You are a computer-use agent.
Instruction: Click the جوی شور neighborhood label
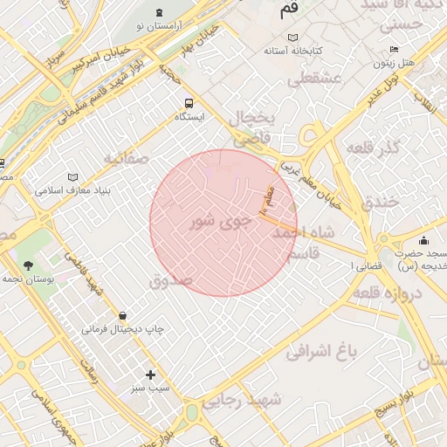pyautogui.click(x=220, y=223)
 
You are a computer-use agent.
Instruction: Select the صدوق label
pyautogui.click(x=170, y=281)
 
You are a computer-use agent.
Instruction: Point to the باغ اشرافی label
pyautogui.click(x=323, y=352)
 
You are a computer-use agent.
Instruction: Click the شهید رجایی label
pyautogui.click(x=244, y=400)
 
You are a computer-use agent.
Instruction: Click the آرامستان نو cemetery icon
pyautogui.click(x=158, y=12)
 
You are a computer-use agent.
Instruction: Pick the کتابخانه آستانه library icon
pyautogui.click(x=292, y=38)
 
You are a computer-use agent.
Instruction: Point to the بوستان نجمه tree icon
pyautogui.click(x=30, y=265)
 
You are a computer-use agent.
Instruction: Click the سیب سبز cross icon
pyautogui.click(x=150, y=375)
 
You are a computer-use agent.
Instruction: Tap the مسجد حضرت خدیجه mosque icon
pyautogui.click(x=424, y=240)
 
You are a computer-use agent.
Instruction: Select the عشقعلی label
pyautogui.click(x=313, y=79)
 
